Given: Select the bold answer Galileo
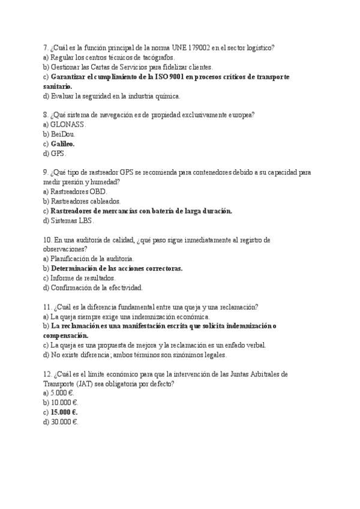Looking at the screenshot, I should tap(62, 144).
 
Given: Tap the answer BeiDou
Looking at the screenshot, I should tap(62, 134).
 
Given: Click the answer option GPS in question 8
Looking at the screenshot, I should tap(58, 154).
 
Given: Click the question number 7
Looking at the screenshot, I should tap(46, 47).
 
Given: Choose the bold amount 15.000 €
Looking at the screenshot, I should tap(64, 412).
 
